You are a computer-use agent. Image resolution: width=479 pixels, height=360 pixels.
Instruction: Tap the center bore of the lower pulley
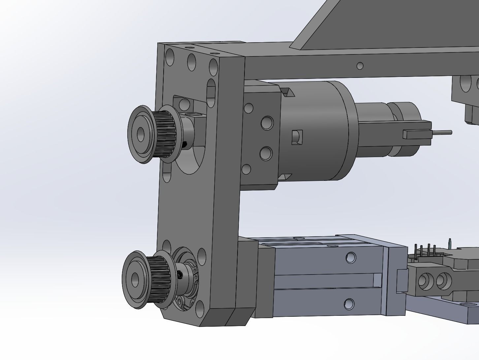(x=135, y=280)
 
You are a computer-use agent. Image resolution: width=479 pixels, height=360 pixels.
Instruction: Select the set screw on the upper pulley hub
(x=185, y=144)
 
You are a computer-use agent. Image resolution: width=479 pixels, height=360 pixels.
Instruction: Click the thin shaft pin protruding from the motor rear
(x=442, y=133)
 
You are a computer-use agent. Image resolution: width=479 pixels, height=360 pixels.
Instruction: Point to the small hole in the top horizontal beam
(x=360, y=66)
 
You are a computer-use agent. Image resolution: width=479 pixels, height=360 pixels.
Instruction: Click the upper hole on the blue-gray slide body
(x=351, y=257)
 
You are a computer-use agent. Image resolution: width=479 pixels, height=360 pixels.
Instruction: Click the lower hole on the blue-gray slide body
(x=349, y=304)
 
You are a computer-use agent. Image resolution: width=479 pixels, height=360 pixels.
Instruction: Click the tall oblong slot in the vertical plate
(x=211, y=92)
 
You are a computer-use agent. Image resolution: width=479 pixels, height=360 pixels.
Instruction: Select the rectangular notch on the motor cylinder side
(x=297, y=137)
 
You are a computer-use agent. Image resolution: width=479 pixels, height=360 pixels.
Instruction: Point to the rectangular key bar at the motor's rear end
(x=416, y=134)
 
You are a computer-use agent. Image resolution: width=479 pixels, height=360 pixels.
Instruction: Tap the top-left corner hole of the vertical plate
(x=170, y=57)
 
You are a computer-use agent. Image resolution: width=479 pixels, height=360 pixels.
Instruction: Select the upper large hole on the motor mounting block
(x=267, y=123)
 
